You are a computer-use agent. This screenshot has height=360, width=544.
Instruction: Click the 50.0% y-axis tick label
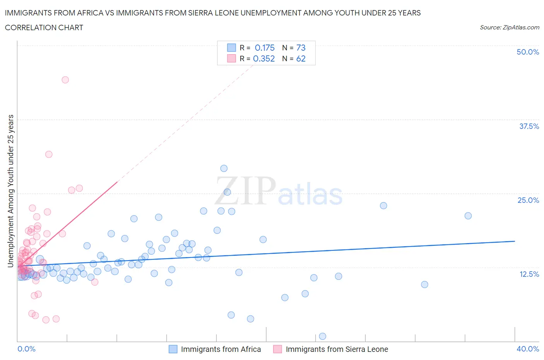528,52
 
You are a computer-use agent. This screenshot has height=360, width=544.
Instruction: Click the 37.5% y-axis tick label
529,126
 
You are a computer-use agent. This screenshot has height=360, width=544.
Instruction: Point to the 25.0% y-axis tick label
528,200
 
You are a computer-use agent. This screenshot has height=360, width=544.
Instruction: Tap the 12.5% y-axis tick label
529,274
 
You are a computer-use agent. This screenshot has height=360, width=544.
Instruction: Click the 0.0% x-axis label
26,349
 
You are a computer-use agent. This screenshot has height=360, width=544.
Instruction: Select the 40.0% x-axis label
528,349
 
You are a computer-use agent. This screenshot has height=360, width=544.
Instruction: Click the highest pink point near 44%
65,80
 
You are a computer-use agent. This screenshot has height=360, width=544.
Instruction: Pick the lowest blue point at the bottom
323,336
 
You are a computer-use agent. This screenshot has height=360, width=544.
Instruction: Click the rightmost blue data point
468,216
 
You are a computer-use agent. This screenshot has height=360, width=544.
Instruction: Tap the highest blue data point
224,168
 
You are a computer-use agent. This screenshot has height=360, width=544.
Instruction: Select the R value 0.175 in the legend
265,48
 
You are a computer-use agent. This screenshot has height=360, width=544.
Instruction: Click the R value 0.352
264,58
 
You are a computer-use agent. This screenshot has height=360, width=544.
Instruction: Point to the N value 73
301,48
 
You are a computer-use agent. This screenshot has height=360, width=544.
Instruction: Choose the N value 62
301,58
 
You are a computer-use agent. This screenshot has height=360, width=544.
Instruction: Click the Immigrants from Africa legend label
221,349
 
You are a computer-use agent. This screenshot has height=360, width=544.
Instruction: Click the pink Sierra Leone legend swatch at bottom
277,349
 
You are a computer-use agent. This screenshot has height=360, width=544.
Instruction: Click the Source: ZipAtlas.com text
509,27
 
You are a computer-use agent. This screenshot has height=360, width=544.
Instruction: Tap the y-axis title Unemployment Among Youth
11,191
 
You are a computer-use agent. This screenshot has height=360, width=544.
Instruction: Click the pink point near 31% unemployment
49,154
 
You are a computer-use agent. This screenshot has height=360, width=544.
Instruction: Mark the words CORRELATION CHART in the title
44,27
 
